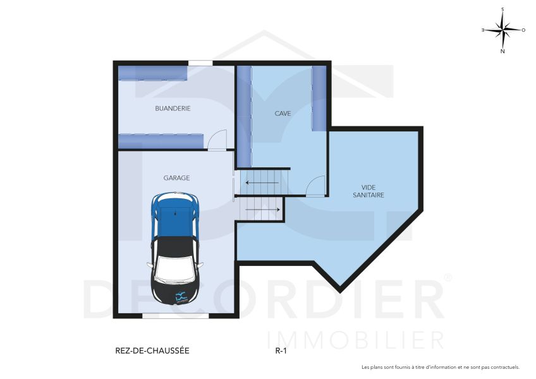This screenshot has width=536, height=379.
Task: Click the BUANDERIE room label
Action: pyautogui.click(x=173, y=108)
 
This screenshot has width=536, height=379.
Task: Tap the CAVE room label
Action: pyautogui.click(x=283, y=114)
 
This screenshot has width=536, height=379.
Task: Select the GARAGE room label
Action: pyautogui.click(x=176, y=178)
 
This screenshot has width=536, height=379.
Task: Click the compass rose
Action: pyautogui.click(x=502, y=29)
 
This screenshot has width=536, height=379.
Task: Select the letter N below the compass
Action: pyautogui.click(x=502, y=52)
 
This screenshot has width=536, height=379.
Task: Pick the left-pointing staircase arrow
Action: pyautogui.click(x=262, y=184)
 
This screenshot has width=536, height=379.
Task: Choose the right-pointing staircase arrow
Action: pyautogui.click(x=262, y=208)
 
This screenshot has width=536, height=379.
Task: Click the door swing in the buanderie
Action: pyautogui.click(x=217, y=140)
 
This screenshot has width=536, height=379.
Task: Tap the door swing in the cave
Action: pyautogui.click(x=315, y=186)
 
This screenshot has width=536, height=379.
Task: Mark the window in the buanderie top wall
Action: pyautogui.click(x=200, y=62)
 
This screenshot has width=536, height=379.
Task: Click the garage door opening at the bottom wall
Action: pyautogui.click(x=166, y=315)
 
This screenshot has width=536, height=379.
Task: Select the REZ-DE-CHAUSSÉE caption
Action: pyautogui.click(x=152, y=350)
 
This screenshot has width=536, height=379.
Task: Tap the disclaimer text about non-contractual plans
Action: pyautogui.click(x=440, y=367)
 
